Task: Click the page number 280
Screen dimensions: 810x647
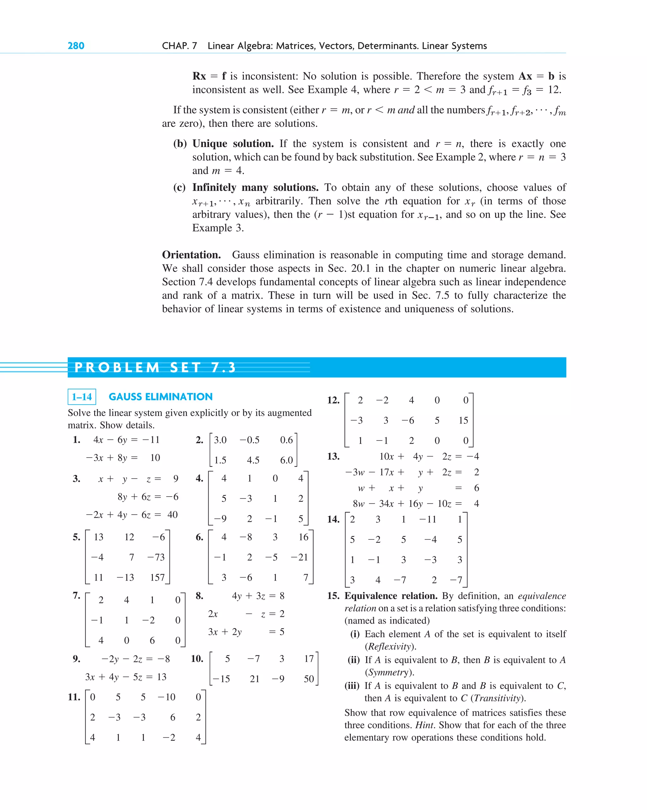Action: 76,46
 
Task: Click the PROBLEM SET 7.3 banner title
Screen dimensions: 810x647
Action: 155,368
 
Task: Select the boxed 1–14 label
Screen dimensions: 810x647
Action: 82,397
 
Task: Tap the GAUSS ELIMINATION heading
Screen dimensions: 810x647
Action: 160,397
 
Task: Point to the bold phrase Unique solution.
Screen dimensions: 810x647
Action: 233,144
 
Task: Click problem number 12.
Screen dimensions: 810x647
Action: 333,400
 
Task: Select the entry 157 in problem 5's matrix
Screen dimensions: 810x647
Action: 157,578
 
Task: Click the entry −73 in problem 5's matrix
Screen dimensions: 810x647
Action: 156,557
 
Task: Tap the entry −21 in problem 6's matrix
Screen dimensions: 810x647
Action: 299,557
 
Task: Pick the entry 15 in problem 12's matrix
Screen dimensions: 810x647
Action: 463,420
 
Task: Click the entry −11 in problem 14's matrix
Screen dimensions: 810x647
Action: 428,520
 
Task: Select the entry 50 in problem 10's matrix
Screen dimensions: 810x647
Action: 309,679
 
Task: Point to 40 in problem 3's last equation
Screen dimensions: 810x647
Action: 172,515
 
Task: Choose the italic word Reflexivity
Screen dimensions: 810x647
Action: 390,646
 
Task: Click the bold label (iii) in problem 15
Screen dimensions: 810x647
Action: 352,686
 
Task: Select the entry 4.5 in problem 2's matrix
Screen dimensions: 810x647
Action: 253,460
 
